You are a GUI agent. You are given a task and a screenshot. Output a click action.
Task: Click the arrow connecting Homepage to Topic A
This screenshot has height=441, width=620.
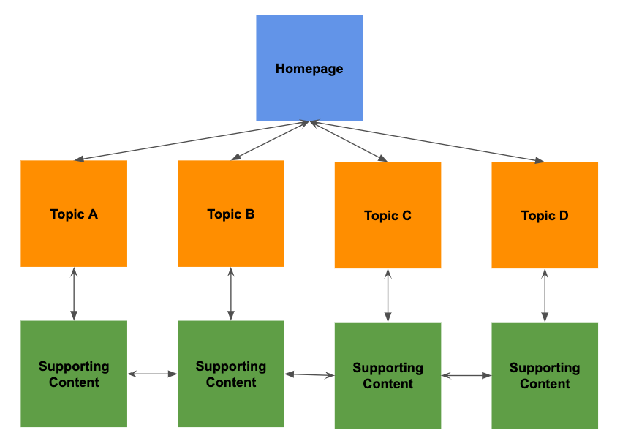pos(192,140)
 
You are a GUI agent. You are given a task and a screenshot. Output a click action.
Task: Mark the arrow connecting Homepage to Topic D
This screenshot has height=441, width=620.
pos(428,141)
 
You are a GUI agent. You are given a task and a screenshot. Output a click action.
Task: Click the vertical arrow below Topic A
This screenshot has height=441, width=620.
pos(74,293)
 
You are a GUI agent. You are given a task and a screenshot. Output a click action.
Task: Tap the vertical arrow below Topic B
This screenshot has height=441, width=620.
pos(231,293)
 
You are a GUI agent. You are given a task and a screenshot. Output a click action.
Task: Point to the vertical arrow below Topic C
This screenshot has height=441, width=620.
pos(387,295)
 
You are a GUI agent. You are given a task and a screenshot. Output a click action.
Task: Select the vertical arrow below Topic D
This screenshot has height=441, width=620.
pos(545,295)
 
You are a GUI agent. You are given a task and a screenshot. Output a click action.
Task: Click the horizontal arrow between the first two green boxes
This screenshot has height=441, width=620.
pos(153,374)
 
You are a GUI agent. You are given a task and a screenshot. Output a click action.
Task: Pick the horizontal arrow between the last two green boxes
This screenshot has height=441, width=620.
pos(466,376)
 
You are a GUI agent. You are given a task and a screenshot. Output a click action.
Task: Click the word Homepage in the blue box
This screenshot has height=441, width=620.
pos(309,69)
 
